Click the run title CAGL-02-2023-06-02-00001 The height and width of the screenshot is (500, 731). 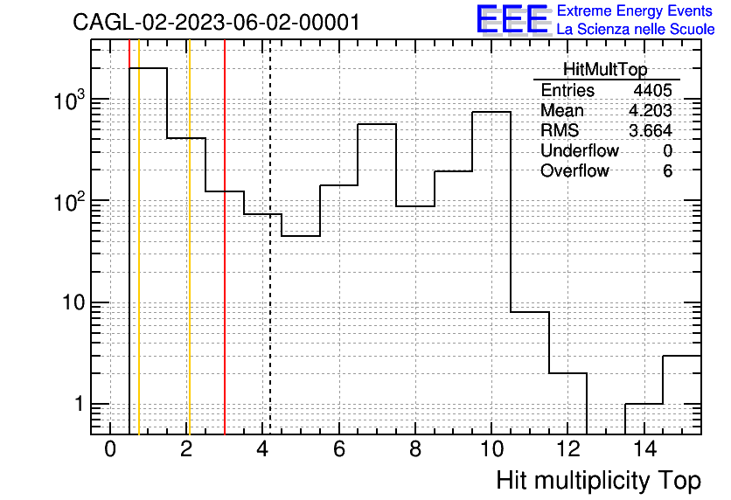[216, 22]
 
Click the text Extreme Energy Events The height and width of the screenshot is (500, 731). [635, 10]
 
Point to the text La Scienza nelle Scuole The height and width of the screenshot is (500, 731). [636, 29]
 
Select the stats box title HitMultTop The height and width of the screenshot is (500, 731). [605, 69]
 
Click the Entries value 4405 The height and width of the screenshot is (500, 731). [652, 90]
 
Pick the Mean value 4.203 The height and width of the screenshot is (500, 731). [651, 110]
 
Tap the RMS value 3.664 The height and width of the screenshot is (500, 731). [651, 130]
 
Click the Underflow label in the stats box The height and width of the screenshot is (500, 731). [580, 150]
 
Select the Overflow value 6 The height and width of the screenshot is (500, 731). [667, 171]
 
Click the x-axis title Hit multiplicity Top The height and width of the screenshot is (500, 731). [598, 481]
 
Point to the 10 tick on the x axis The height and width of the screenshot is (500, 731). [491, 449]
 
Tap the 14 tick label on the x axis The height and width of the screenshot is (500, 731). [644, 449]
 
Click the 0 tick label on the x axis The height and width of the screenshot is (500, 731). [110, 449]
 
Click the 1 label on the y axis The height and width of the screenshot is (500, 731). [80, 404]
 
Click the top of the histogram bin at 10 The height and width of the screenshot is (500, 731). [491, 112]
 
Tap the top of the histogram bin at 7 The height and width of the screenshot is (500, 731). [377, 124]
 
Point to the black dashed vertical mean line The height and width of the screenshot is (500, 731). [270, 237]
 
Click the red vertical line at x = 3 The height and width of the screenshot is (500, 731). [225, 237]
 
